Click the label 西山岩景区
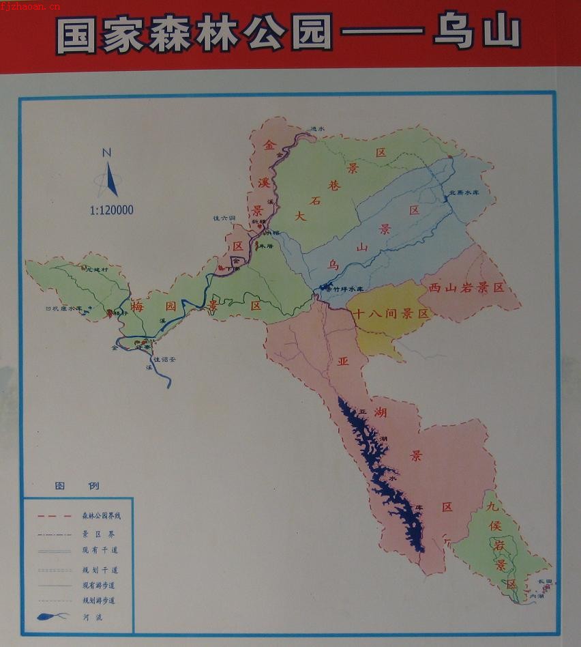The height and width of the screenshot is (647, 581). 467,287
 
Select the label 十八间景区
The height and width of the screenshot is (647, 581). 391,314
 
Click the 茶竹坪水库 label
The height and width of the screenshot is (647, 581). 353,289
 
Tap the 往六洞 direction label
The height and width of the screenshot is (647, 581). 224,218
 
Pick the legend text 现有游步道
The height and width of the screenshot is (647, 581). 99,585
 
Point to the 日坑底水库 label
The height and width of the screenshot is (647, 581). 63,308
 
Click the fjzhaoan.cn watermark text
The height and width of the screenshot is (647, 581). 31,6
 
